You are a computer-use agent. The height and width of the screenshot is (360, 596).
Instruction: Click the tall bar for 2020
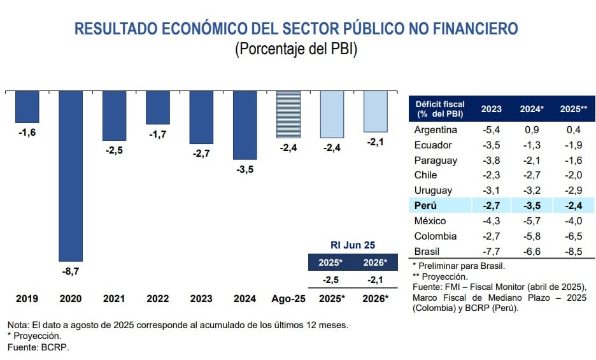pos(70,175)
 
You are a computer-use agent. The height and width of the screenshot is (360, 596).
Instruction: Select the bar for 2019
pos(27,106)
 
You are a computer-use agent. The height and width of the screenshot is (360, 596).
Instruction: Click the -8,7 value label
pos(70,271)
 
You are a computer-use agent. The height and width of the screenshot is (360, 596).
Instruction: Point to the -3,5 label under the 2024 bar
pos(245,170)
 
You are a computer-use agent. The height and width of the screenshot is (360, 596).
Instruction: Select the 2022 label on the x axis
pos(157,298)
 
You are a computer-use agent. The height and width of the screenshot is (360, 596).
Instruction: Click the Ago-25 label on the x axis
pos(288,298)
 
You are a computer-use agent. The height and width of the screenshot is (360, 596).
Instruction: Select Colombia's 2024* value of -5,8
pos(530,236)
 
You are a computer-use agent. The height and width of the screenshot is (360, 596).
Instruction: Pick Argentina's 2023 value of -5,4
pos(491,129)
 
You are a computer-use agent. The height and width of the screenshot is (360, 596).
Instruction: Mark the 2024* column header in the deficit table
pos(532,108)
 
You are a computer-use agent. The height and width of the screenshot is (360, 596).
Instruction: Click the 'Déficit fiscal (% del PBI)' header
pos(440,108)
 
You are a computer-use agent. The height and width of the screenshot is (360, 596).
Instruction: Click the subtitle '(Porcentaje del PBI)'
pos(296,49)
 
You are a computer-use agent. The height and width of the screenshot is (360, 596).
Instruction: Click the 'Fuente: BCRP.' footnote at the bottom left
pos(38,347)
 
